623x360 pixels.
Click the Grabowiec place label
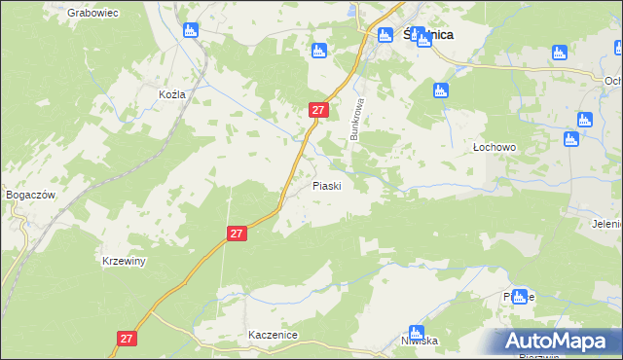92,13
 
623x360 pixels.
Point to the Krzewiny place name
124,262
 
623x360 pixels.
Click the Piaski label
326,185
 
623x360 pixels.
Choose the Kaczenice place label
273,334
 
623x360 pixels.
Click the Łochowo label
494,147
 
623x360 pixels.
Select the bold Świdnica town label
428,35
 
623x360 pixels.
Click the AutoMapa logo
556,342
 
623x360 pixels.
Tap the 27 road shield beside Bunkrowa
317,110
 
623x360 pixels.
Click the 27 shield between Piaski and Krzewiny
237,234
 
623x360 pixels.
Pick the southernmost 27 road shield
126,338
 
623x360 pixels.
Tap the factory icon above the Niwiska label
417,331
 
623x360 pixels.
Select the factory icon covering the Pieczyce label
520,296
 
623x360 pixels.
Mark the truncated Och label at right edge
612,81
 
